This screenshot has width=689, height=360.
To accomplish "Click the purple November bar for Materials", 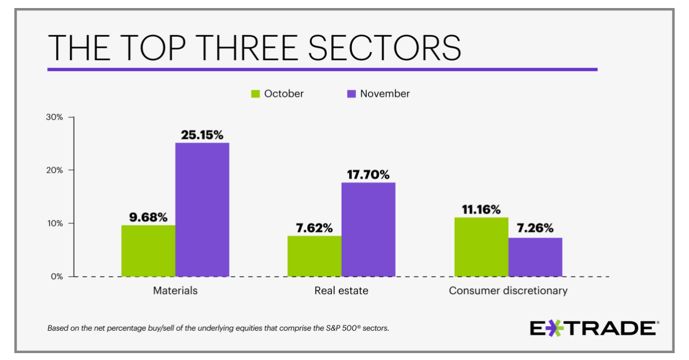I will (202, 210).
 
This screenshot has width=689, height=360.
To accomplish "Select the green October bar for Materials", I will (148, 250).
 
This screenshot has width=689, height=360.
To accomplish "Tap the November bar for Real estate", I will (369, 229).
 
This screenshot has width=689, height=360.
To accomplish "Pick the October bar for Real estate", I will (315, 256).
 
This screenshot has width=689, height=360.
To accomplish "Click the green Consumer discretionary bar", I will (481, 247).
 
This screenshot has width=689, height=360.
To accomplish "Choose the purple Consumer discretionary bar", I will (535, 257).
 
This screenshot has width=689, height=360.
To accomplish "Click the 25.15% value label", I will (202, 135).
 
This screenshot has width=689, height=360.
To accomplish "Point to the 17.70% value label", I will (369, 175).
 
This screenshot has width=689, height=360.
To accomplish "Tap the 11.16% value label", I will (481, 210).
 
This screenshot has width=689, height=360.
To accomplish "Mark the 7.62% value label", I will (315, 228).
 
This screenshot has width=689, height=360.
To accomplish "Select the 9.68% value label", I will (148, 217).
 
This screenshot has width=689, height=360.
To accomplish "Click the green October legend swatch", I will (256, 94).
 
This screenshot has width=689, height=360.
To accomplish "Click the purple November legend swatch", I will (351, 94).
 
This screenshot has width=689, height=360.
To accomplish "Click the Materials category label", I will (175, 291).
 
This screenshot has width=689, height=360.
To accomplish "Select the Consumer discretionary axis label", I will (508, 291).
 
